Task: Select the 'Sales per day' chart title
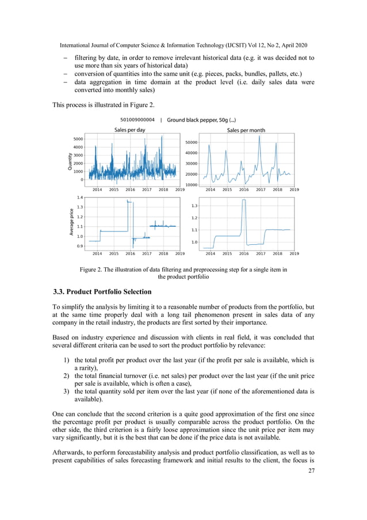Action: [129, 130]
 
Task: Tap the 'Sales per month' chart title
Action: [246, 130]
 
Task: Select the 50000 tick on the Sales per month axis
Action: [191, 142]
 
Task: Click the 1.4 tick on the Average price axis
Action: [80, 197]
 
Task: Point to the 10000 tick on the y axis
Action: [191, 185]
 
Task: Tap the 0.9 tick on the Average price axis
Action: [80, 246]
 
